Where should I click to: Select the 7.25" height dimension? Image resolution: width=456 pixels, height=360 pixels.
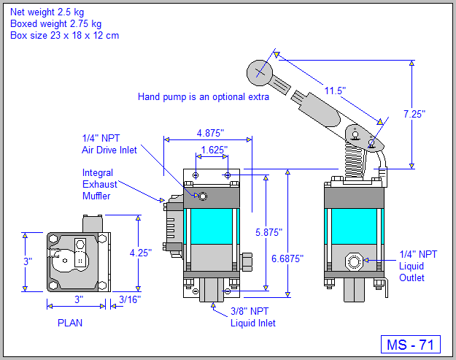[x=414, y=113]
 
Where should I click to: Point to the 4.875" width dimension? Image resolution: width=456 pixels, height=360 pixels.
[x=210, y=133]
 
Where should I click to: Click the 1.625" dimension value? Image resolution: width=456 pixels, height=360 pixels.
[x=213, y=149]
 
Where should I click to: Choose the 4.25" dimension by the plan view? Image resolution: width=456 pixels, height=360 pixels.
[x=141, y=253]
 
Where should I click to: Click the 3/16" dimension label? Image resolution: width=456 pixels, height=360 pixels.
[x=129, y=299]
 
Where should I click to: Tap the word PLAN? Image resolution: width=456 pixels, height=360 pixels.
[x=70, y=322]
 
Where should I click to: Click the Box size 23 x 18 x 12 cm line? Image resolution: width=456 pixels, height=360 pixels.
[x=64, y=35]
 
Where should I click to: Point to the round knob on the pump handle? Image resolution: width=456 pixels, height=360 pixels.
[x=259, y=72]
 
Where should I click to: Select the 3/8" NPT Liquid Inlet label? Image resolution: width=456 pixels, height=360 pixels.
[x=253, y=318]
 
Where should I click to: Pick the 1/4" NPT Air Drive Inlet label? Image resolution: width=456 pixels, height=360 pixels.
[x=110, y=144]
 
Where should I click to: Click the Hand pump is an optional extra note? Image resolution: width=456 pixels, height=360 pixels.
[x=204, y=96]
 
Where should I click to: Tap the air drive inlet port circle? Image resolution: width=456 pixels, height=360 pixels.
[x=204, y=196]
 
